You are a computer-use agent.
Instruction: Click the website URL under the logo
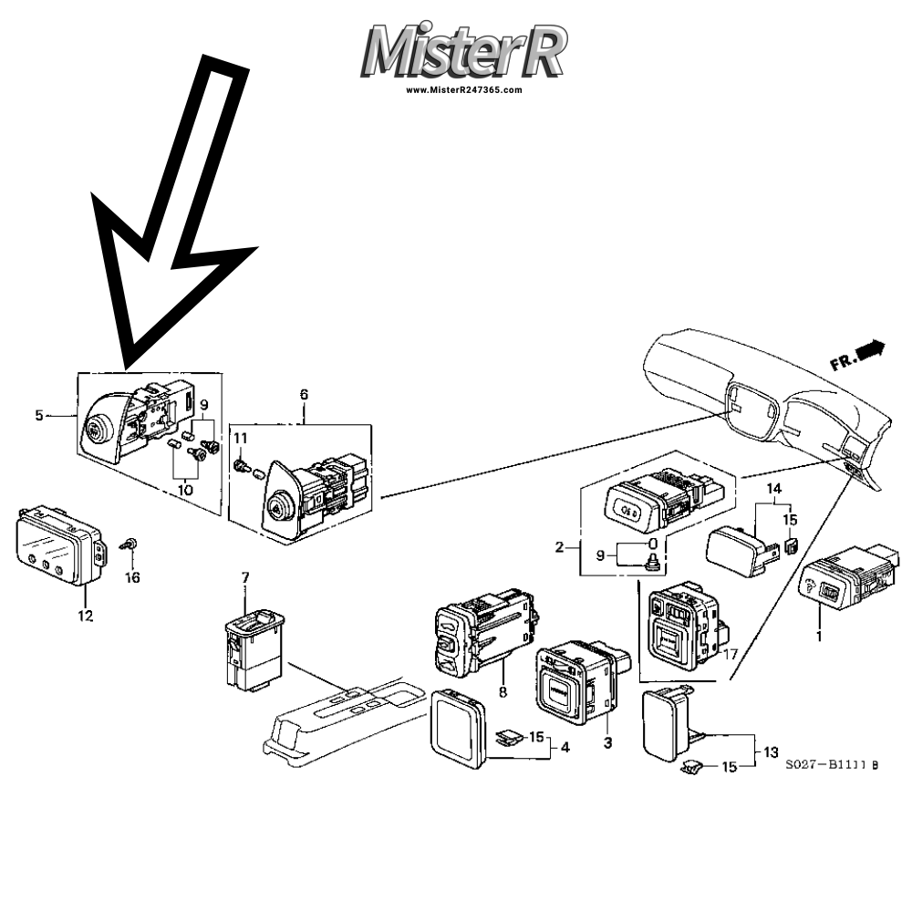point(464,90)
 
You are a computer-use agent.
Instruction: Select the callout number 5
point(39,416)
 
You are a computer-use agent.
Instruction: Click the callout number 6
point(304,394)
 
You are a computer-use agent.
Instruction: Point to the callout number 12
point(85,617)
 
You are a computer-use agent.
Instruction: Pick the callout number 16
point(133,577)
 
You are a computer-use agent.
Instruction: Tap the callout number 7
point(244,577)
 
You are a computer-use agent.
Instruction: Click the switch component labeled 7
point(252,648)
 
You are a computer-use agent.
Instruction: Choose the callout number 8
point(503,692)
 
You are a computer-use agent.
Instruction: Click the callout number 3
point(607,742)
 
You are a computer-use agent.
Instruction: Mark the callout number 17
point(731,653)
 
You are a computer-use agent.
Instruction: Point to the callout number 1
point(818,636)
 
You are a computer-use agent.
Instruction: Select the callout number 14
point(774,488)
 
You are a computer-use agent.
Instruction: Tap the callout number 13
point(771,751)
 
